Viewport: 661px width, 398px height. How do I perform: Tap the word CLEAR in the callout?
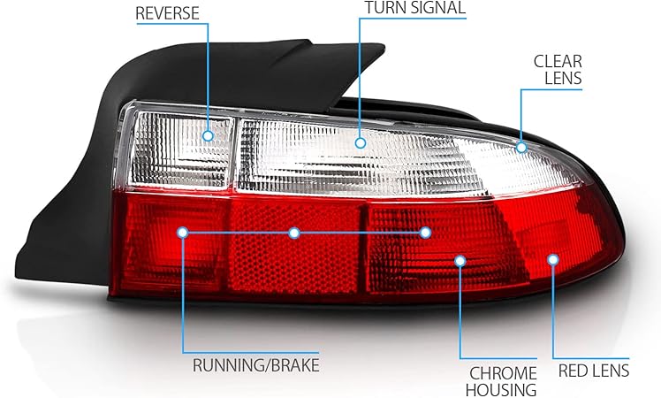(558, 61)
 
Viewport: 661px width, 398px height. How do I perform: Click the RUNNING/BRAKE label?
(255, 364)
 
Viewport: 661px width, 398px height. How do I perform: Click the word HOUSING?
(504, 389)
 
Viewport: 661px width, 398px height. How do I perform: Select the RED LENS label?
(593, 371)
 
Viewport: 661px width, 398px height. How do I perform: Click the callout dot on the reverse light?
(209, 135)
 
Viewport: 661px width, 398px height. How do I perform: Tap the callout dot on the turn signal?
(361, 141)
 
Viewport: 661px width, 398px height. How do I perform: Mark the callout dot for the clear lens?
(521, 147)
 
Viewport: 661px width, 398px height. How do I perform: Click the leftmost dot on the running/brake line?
(183, 233)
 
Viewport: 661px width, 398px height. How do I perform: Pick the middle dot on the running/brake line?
(294, 233)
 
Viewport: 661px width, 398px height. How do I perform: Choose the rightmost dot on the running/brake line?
(425, 233)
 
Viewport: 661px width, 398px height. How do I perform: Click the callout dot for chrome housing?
(460, 260)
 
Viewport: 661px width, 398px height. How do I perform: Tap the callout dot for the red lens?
(553, 259)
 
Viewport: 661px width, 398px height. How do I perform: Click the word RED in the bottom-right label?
(572, 371)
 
